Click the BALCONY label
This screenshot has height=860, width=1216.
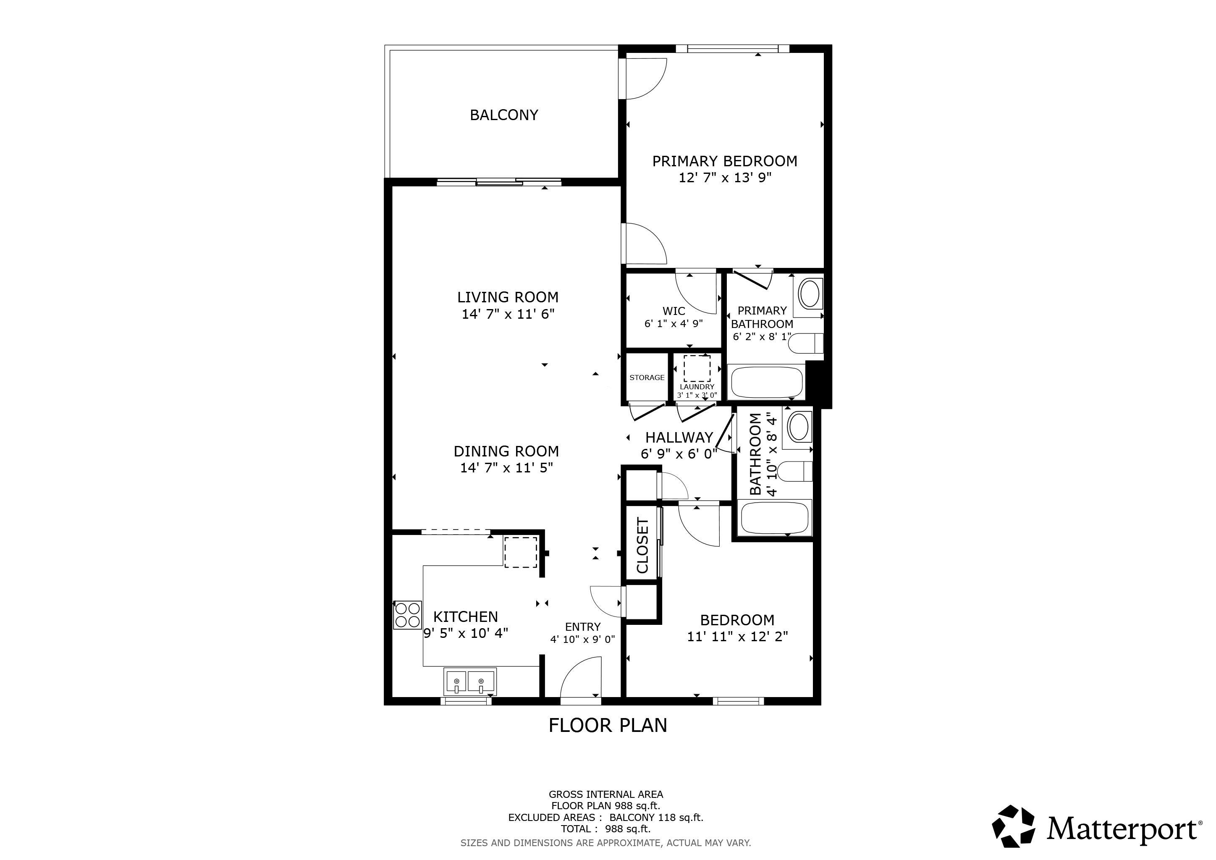[504, 115]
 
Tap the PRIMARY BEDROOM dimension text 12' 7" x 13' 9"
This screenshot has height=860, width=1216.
[725, 177]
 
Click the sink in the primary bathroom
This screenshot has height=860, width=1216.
[809, 294]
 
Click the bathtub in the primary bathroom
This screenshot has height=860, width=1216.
[767, 382]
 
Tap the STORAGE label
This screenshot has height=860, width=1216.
[647, 378]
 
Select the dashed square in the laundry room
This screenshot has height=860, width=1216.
[697, 369]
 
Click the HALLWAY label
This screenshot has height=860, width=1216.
[679, 438]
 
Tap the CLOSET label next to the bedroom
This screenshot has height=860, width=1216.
[642, 545]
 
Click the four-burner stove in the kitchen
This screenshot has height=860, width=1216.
[407, 615]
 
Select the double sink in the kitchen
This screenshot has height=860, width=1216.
[470, 682]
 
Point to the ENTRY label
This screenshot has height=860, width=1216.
[582, 627]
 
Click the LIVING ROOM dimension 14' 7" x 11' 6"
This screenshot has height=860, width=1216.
[508, 314]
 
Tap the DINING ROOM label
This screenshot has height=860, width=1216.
[506, 451]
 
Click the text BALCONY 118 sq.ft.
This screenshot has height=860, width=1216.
[656, 817]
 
